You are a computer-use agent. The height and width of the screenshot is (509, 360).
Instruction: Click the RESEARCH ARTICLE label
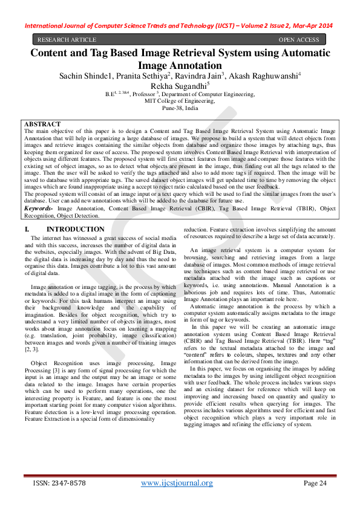click(66, 40)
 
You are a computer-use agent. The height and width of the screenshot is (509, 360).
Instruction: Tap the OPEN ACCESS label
click(298, 40)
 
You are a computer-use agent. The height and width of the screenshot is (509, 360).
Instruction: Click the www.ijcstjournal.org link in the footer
click(177, 482)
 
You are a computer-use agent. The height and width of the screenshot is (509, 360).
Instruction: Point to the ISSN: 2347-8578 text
click(59, 483)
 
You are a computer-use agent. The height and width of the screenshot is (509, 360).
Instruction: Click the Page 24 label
click(315, 483)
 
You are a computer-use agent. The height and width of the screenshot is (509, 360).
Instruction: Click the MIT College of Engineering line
click(180, 101)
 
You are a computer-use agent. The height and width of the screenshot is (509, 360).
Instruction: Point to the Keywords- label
click(38, 207)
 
